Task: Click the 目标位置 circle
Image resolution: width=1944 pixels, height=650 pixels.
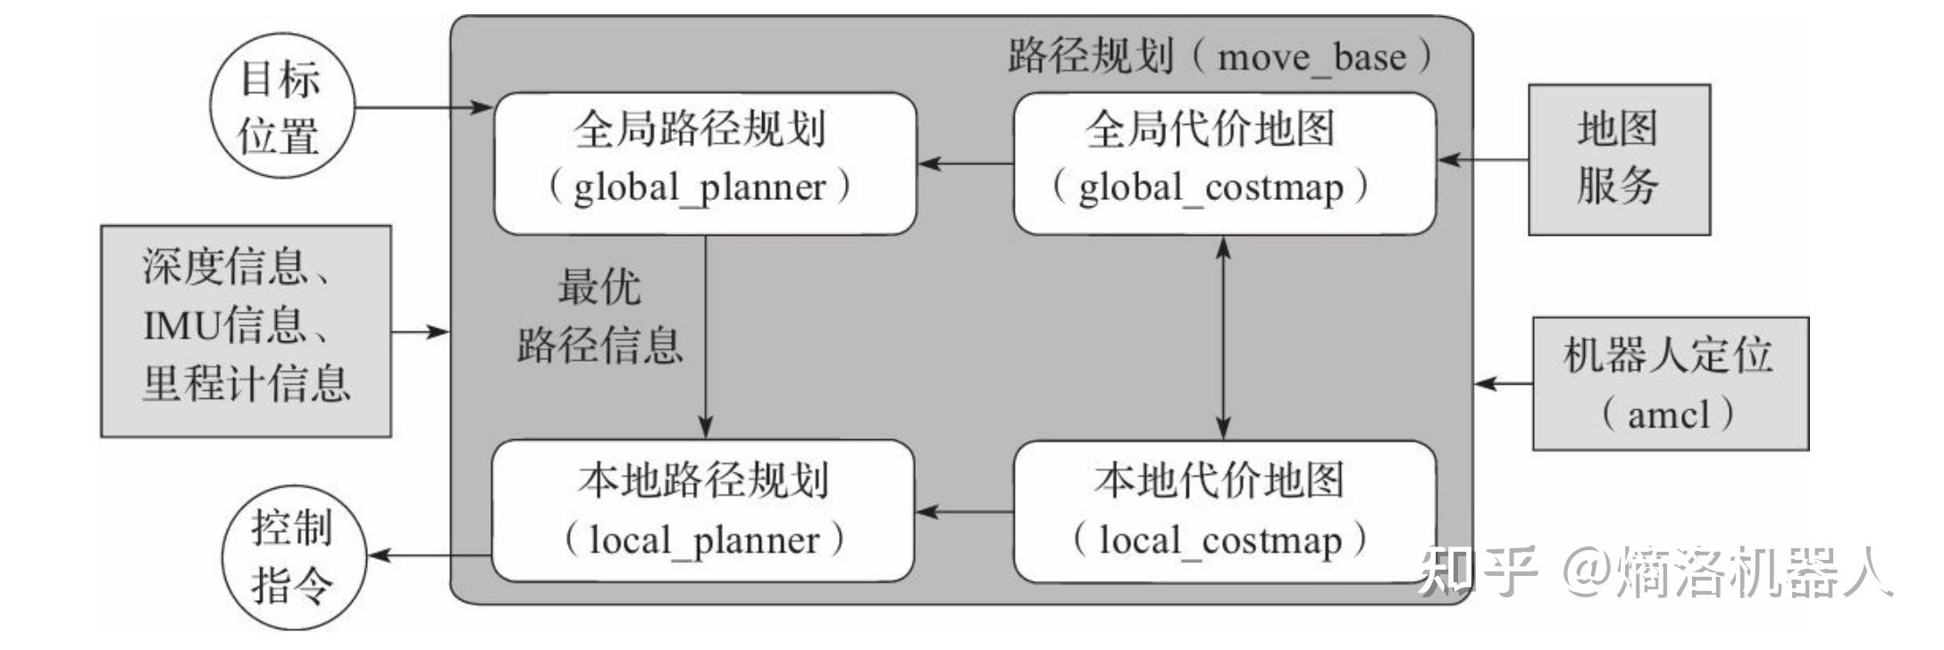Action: [281, 107]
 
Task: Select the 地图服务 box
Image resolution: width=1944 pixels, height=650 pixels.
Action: [1618, 160]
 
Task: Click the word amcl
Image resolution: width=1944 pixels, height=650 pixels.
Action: [1668, 415]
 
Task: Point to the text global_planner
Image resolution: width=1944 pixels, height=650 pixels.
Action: [700, 188]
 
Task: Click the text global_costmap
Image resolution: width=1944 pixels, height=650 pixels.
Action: [1210, 188]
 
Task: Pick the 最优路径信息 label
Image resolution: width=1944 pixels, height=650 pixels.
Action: [599, 316]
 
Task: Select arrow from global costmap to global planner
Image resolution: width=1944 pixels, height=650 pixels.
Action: [965, 163]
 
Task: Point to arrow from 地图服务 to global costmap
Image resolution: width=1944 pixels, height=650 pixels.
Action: [1483, 161]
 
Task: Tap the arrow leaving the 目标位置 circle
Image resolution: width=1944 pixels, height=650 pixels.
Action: [423, 108]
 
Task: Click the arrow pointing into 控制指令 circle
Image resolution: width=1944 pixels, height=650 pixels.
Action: [429, 555]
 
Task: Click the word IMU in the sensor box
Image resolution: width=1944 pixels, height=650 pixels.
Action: [181, 325]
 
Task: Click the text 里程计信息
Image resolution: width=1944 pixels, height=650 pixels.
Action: [246, 384]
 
